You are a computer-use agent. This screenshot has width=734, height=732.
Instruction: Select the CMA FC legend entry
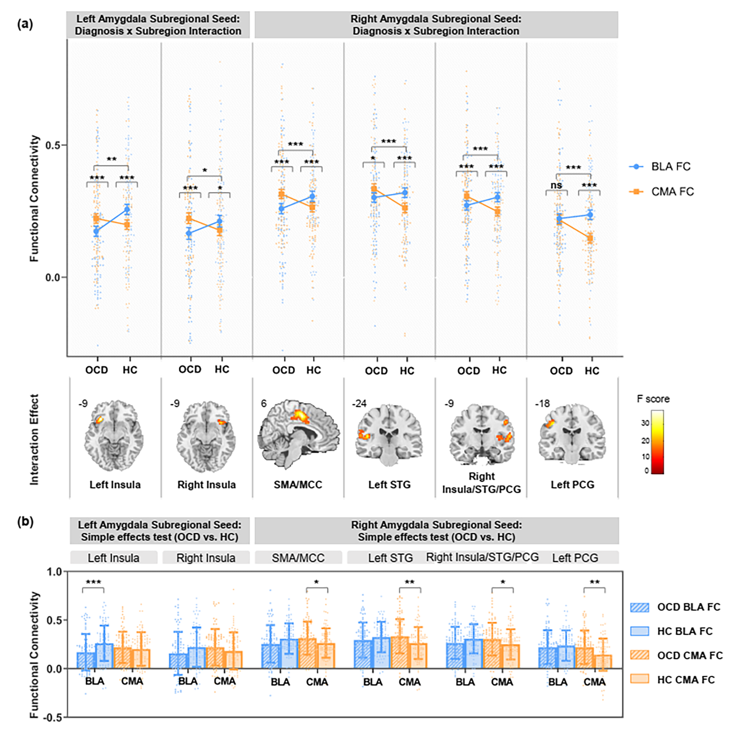click(x=661, y=192)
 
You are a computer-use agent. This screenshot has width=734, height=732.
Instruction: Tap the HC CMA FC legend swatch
click(x=639, y=679)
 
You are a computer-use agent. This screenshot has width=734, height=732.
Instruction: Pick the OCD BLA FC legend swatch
click(x=639, y=607)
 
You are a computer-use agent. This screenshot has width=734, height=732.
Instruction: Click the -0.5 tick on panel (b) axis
click(x=53, y=717)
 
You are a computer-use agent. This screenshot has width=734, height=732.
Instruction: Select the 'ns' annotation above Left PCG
click(x=556, y=185)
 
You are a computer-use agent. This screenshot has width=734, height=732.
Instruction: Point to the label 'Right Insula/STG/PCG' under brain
click(x=481, y=482)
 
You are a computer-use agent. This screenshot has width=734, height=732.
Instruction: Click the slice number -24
click(x=359, y=403)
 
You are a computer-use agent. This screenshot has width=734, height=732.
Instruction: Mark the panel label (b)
click(x=26, y=522)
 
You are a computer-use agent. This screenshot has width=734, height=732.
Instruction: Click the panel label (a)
click(x=26, y=24)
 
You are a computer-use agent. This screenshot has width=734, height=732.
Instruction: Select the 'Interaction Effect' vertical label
click(x=35, y=440)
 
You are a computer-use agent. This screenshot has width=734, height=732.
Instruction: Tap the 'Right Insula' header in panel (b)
click(x=205, y=558)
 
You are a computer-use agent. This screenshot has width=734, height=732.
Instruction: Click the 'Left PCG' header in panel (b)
click(x=575, y=558)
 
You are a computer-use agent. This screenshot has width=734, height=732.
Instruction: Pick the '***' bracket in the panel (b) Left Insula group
click(x=93, y=583)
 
